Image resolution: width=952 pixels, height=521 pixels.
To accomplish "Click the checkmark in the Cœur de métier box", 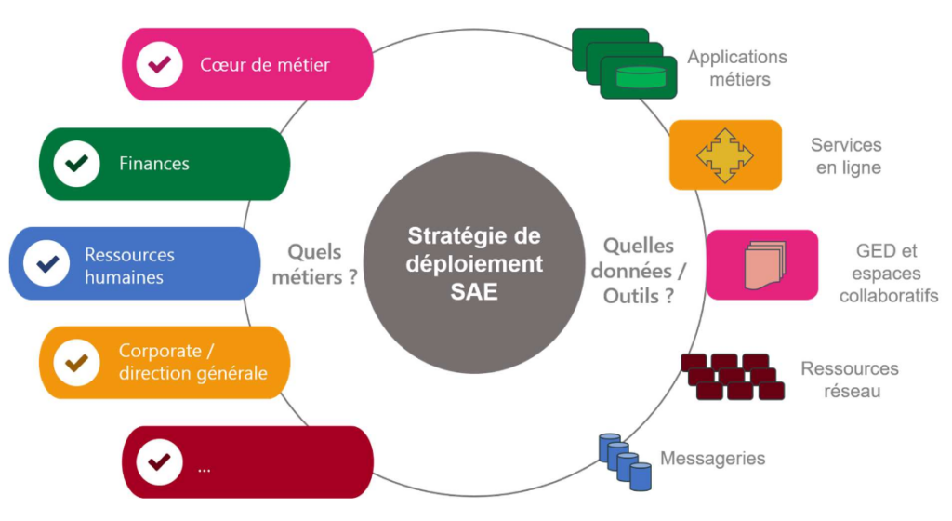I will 159,65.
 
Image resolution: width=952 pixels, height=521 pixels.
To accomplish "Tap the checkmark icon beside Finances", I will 76,164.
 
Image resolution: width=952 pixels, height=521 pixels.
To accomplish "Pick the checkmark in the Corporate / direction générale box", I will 76,362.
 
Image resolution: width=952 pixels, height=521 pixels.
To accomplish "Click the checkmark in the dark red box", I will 159,461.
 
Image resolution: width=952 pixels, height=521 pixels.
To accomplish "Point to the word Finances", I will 154,164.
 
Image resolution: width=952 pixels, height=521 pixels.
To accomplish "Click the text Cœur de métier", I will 265,65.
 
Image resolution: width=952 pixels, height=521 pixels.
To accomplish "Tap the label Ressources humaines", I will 129,265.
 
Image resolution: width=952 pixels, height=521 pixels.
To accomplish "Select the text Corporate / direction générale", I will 192,363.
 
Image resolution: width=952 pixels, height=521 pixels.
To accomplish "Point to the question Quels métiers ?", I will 322,263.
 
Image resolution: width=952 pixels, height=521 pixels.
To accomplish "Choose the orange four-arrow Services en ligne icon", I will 712,154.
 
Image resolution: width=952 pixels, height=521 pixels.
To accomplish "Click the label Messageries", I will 712,458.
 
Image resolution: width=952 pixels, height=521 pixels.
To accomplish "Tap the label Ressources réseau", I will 850,380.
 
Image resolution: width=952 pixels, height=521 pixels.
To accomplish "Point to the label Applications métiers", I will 737,68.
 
